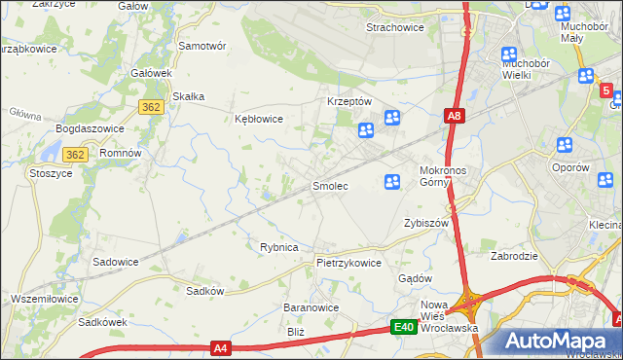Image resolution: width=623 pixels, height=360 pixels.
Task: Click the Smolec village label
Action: coord(329,185)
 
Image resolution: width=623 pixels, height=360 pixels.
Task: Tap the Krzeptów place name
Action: coord(349,101)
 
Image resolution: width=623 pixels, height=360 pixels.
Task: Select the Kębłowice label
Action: coord(259,120)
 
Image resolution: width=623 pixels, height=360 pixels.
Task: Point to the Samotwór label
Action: coord(202,46)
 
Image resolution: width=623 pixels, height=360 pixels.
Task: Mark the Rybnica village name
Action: coord(278,247)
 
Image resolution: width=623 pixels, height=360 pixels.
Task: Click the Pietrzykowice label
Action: coord(348,263)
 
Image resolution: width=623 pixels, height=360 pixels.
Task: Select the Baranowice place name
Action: coord(311,306)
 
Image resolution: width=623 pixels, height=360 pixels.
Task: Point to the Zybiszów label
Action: coord(425,223)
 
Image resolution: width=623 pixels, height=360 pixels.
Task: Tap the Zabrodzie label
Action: coord(516,257)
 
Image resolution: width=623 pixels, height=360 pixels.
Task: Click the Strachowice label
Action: coord(394,27)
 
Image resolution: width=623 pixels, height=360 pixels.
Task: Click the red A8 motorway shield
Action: coord(455,117)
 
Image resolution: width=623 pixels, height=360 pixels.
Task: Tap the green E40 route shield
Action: coord(405,328)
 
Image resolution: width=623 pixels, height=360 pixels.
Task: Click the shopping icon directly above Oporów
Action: coord(564,146)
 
